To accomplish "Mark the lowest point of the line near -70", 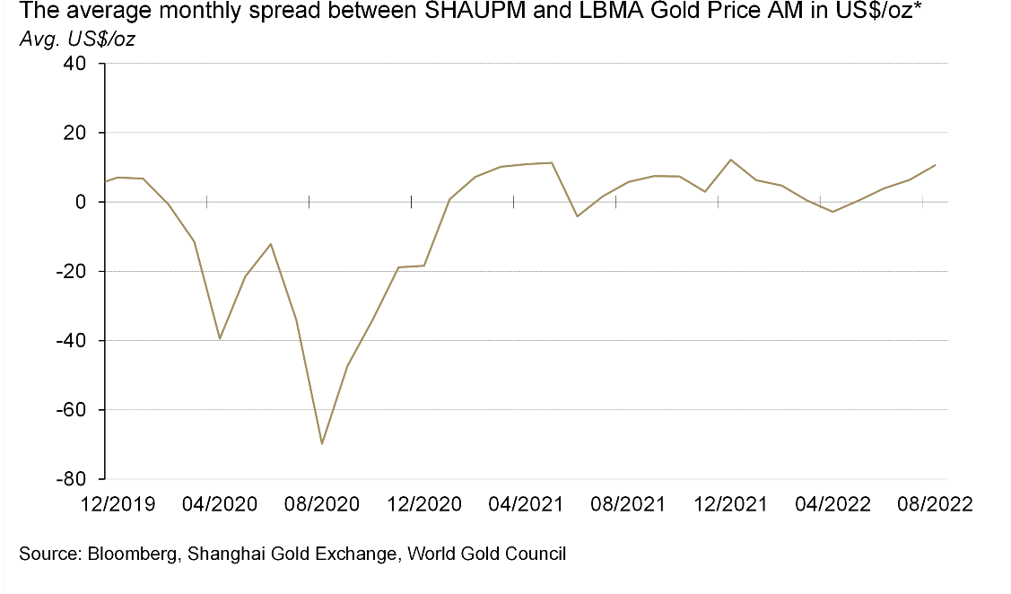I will pos(322,443).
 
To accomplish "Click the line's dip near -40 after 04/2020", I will pos(220,338).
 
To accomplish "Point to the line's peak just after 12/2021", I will pos(731,160).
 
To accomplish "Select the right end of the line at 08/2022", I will pos(936,165).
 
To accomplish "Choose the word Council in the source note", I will pos(536,554).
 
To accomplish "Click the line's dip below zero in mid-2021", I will pos(578,216).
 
